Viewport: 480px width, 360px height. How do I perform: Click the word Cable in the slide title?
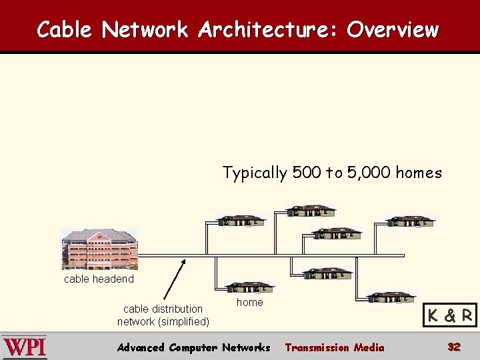(x=65, y=29)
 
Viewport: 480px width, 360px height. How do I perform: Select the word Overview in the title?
(x=393, y=29)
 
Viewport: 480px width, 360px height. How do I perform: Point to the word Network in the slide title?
(x=145, y=29)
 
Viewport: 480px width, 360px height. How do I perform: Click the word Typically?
(x=255, y=173)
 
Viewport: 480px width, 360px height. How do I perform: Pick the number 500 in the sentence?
(x=307, y=173)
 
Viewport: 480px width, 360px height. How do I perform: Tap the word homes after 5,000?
(x=419, y=173)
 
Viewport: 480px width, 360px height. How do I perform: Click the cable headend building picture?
(x=99, y=249)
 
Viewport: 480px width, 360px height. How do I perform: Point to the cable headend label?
(x=99, y=279)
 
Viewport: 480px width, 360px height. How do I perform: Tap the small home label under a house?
(x=250, y=302)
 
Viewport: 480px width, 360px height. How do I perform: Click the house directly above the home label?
(x=249, y=287)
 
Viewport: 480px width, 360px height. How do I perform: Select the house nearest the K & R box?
(x=391, y=297)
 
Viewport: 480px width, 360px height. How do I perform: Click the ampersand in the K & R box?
(x=451, y=316)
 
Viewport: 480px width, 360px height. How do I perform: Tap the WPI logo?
(x=25, y=347)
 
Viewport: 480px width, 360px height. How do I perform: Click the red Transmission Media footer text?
(x=335, y=347)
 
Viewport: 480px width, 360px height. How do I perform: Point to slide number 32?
(x=454, y=347)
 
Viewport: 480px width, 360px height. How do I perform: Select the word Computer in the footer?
(x=194, y=347)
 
